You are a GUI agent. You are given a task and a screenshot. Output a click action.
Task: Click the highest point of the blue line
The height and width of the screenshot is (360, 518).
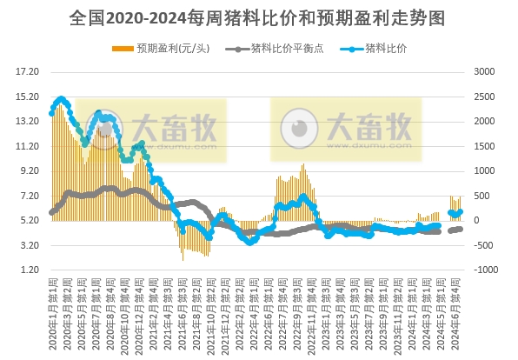60,99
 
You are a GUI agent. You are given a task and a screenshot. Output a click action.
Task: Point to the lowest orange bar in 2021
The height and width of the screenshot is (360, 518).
183,259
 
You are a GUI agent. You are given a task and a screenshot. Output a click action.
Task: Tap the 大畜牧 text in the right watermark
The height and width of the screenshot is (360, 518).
375,127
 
